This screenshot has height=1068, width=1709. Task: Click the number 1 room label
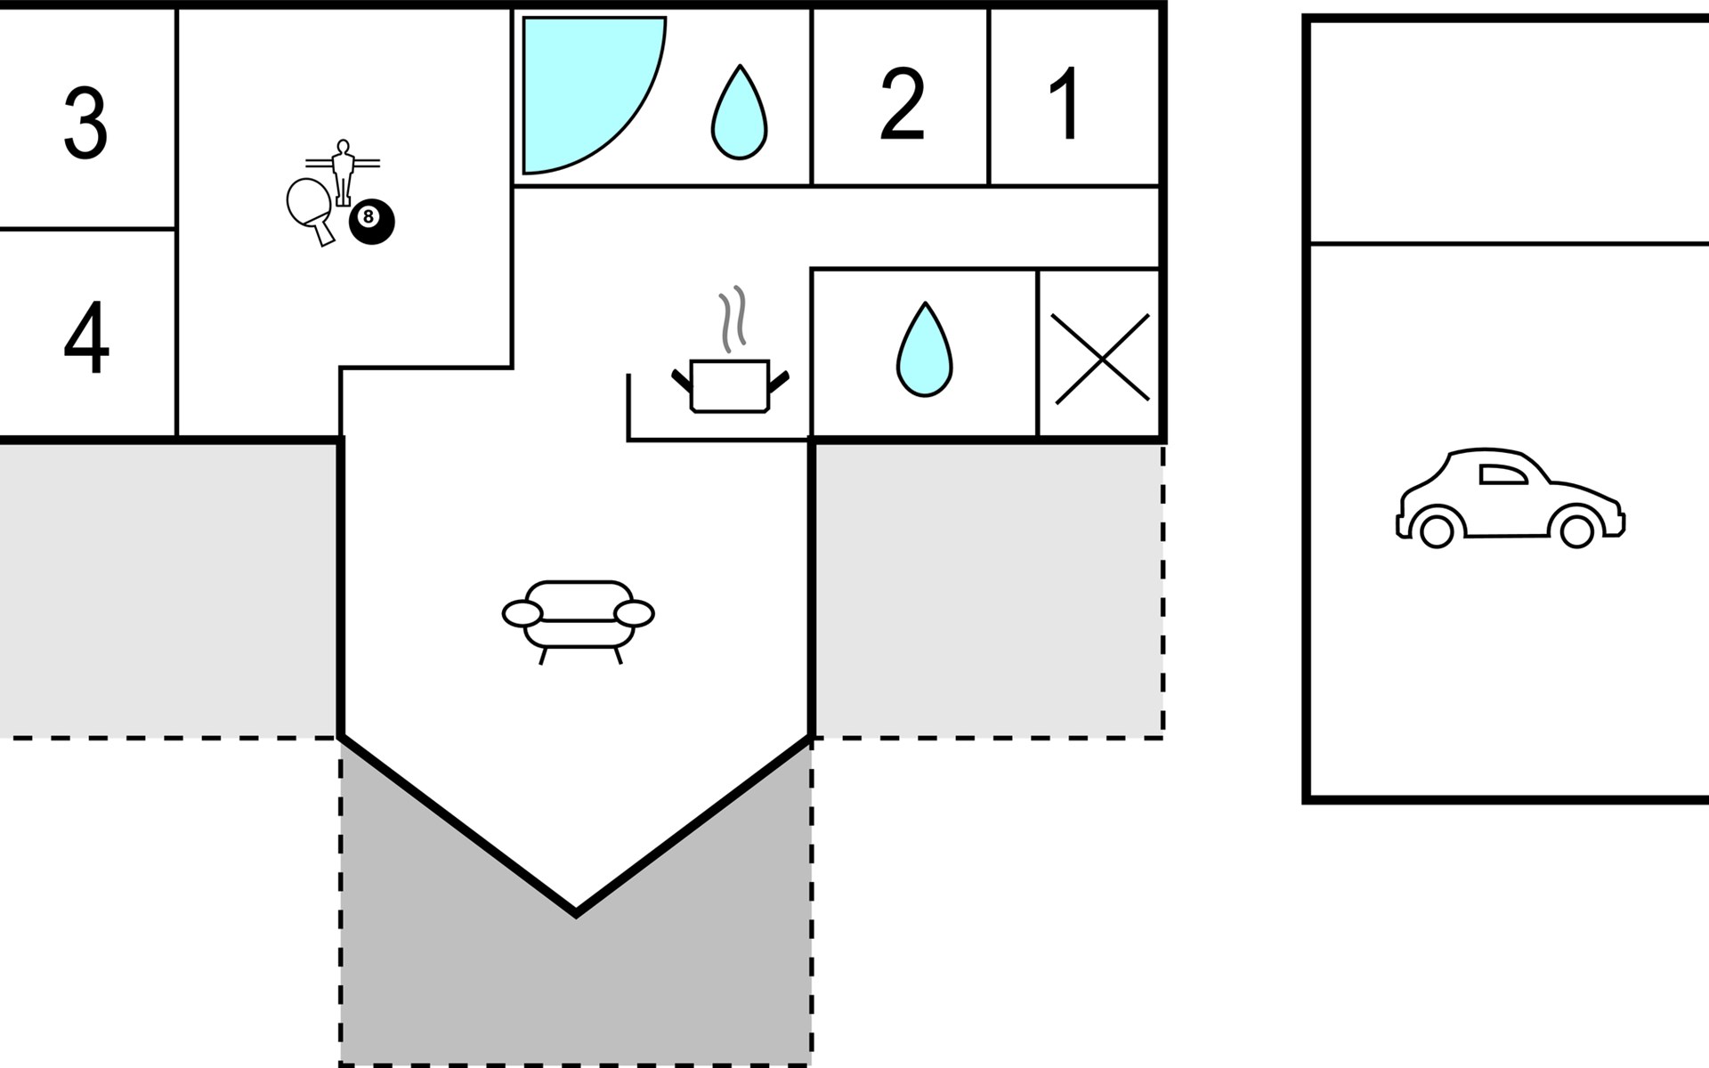click(1065, 103)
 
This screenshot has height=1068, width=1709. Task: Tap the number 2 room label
click(902, 104)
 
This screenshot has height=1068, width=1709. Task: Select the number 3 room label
click(85, 123)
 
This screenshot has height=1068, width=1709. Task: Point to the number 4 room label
click(86, 338)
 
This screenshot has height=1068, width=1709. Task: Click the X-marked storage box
click(1102, 358)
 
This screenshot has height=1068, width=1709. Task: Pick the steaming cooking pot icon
click(729, 384)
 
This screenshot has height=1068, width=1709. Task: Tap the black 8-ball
click(371, 222)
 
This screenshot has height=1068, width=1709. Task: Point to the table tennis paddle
click(309, 206)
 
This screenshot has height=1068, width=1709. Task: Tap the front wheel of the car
click(1576, 531)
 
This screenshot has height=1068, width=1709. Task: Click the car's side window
click(1502, 474)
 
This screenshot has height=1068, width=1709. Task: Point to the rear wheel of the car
click(1436, 531)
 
